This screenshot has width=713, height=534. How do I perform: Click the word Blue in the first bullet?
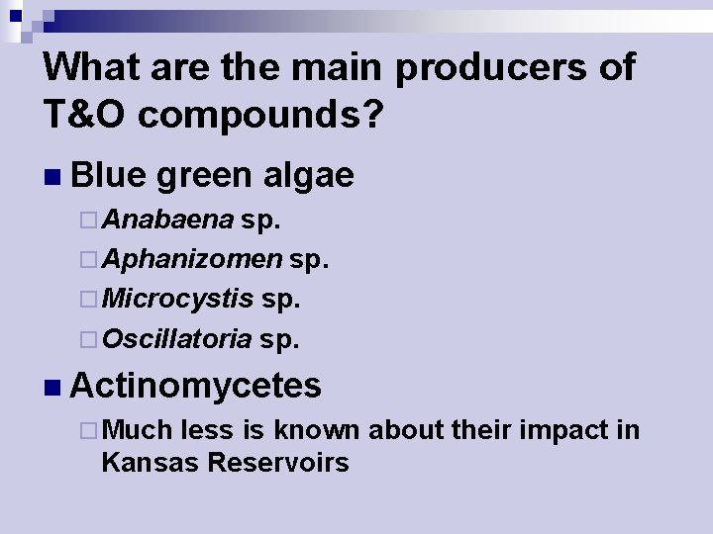point(108,174)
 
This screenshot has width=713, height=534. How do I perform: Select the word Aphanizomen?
point(191,259)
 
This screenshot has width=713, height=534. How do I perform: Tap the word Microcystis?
point(177,299)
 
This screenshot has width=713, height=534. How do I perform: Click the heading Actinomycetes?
point(196,385)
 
